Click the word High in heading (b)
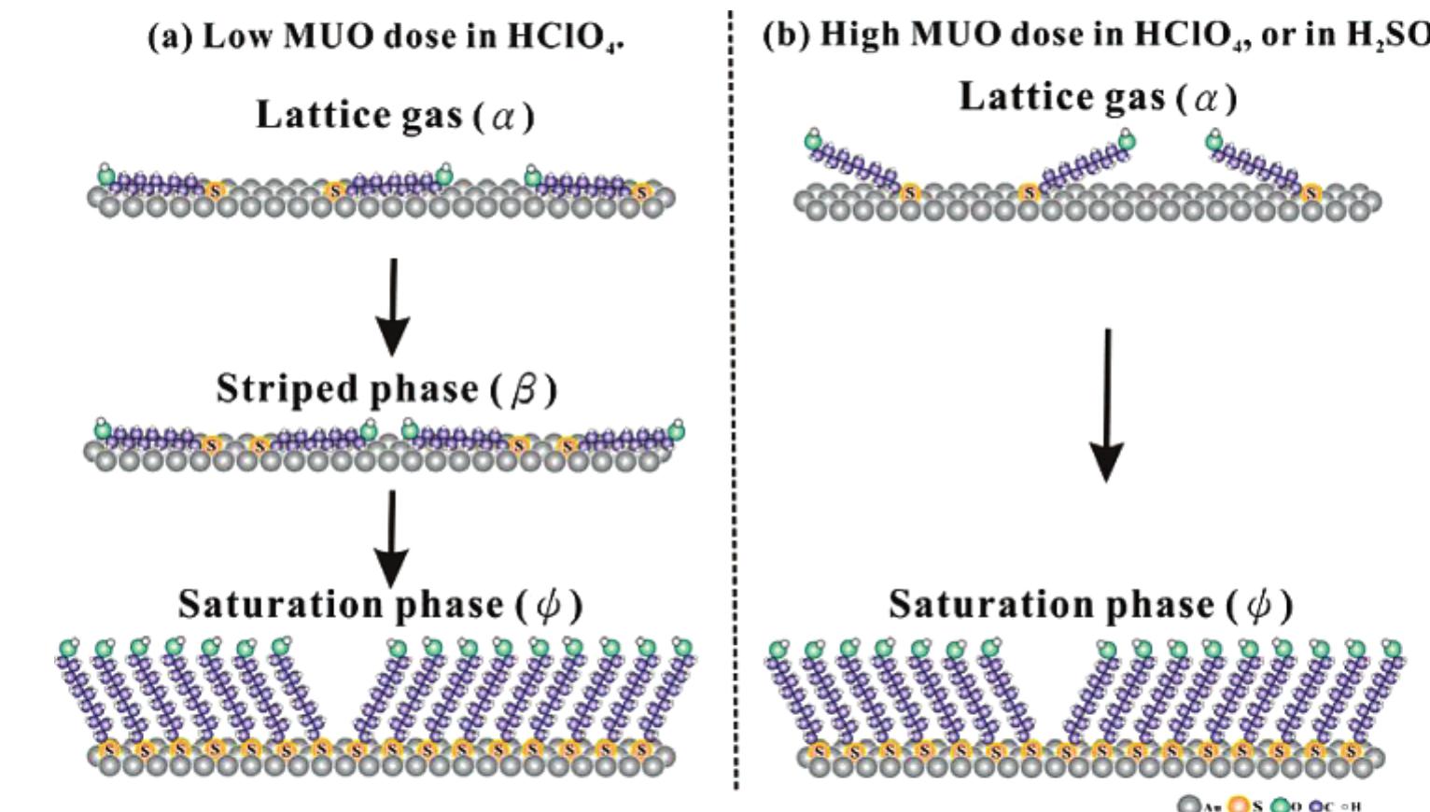[861, 34]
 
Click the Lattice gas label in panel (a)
[359, 115]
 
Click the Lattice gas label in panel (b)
[1063, 96]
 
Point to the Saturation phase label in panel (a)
[342, 604]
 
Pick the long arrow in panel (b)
[1107, 406]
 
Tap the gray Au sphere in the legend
[1188, 804]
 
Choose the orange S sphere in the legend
[1237, 804]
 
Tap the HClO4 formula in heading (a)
[565, 37]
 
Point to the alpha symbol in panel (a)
[504, 117]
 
